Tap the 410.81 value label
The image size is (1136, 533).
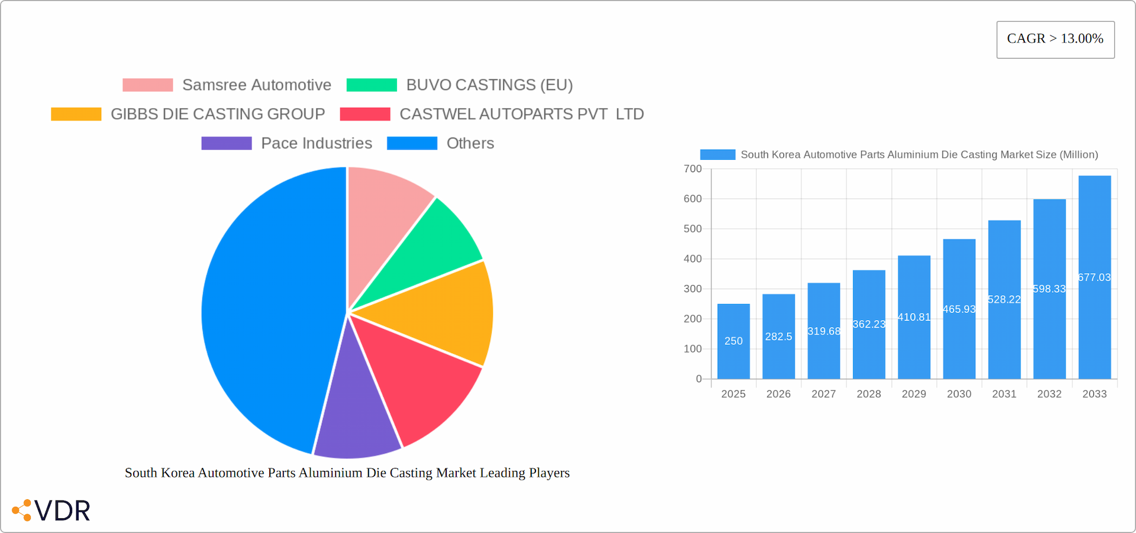coord(914,318)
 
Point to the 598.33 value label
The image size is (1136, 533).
coord(1049,289)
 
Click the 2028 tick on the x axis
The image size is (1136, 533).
coord(869,394)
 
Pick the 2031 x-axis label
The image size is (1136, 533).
coord(1004,394)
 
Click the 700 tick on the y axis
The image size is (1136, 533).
coord(692,169)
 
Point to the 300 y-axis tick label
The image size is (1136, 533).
coord(692,289)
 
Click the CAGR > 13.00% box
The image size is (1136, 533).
coord(1055,40)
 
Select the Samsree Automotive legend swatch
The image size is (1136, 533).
coord(147,85)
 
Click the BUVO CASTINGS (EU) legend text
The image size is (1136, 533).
coord(489,85)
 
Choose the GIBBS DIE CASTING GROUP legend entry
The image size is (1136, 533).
coord(218,114)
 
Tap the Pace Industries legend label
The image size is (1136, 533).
coord(317,143)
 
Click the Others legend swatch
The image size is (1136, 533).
coord(412,143)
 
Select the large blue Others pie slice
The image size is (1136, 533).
coord(266,308)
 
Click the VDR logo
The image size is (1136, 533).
coord(51,510)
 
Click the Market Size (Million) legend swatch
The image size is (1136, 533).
coord(717,154)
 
